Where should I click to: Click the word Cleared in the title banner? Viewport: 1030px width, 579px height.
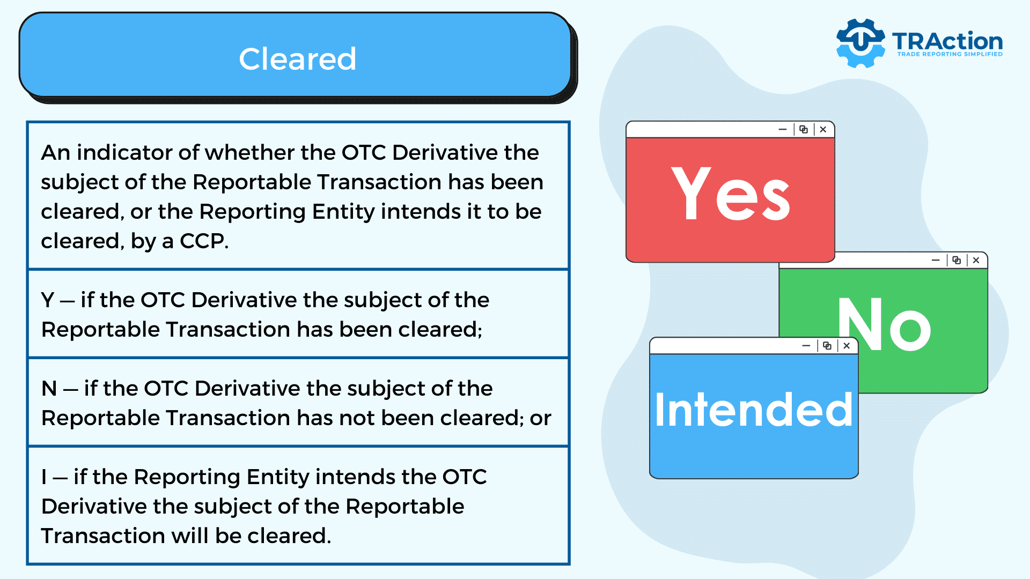(298, 58)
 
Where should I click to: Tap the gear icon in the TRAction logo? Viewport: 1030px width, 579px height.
(860, 43)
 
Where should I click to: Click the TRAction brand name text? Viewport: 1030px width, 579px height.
(947, 41)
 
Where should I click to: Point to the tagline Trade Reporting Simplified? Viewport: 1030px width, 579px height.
(950, 54)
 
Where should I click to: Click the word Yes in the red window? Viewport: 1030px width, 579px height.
(730, 194)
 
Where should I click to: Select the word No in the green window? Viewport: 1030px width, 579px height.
(885, 324)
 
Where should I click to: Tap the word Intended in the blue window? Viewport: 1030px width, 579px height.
(754, 410)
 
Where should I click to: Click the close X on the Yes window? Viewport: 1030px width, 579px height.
(823, 130)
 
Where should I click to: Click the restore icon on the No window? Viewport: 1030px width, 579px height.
(957, 261)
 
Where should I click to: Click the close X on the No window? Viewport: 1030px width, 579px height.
(976, 261)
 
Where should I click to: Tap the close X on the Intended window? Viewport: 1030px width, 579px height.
(847, 346)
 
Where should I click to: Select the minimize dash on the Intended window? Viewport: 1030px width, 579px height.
(806, 346)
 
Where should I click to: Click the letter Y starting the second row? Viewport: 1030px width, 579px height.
(48, 300)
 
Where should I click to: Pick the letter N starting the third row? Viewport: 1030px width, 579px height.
(49, 389)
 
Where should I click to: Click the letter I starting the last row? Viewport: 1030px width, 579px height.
(44, 477)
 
